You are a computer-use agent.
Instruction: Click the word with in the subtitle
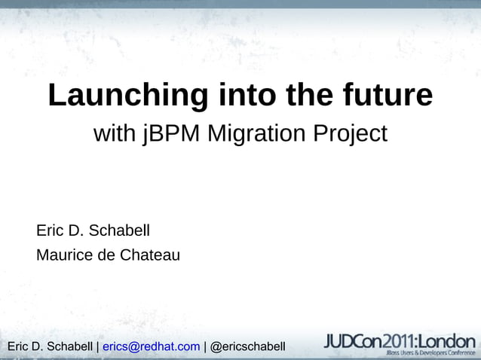pos(114,135)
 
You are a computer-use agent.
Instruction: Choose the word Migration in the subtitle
pos(256,135)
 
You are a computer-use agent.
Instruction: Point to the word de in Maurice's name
pos(107,255)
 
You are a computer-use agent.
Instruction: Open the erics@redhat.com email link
pos(151,346)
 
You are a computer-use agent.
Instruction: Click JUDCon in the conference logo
pos(351,340)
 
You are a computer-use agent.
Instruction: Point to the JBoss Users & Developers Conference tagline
pos(430,352)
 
